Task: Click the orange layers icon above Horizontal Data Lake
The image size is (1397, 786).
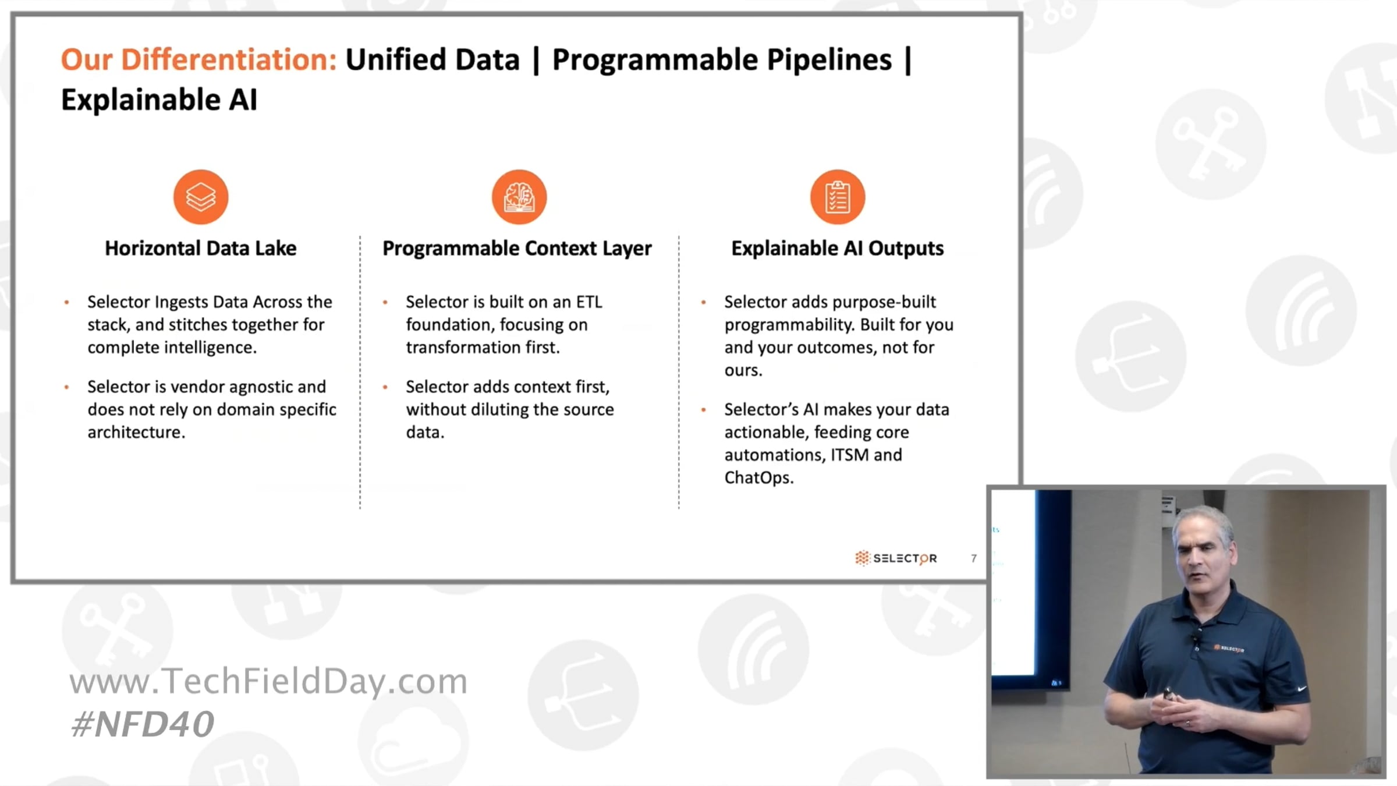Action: (x=201, y=197)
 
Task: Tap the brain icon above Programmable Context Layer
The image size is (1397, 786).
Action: (x=519, y=197)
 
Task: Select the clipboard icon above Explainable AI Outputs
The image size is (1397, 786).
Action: (x=838, y=197)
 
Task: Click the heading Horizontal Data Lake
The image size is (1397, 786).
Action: (x=201, y=249)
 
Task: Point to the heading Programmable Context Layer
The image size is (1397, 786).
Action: (x=517, y=249)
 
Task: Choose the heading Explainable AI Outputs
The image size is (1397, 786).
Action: (x=838, y=249)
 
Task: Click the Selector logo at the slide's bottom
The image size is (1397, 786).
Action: (x=896, y=558)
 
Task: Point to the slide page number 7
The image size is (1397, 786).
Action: (x=974, y=558)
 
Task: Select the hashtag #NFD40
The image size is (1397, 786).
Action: (x=143, y=724)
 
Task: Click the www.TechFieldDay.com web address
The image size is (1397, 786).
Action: (x=268, y=681)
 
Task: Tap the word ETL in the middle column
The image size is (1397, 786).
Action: (x=589, y=302)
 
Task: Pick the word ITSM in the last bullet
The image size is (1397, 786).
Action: (x=848, y=455)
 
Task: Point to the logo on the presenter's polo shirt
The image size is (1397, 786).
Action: (x=1229, y=648)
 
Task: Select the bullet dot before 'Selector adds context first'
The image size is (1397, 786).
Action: (x=385, y=387)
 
